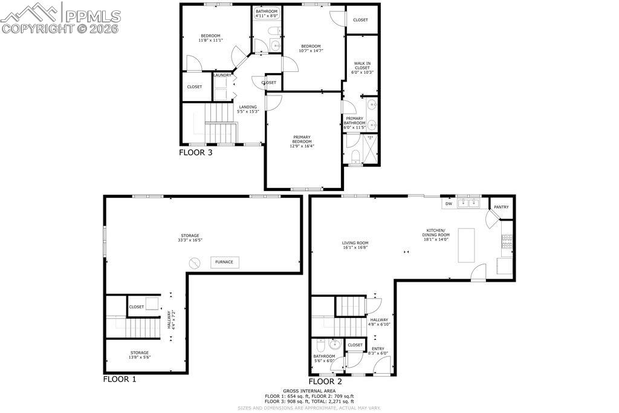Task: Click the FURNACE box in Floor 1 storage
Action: (225, 262)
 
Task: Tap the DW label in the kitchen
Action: (449, 204)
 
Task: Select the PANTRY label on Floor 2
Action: (501, 207)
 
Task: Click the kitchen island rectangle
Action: (467, 245)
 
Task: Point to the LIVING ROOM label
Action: (355, 243)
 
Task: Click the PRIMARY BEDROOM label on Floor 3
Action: (302, 139)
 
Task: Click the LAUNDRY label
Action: (222, 75)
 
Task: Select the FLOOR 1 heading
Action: (120, 380)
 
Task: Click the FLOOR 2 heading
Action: (325, 382)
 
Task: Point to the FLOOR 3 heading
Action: (195, 152)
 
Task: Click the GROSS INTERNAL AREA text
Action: (309, 391)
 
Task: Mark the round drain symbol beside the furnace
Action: (195, 262)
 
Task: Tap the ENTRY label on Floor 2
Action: (377, 348)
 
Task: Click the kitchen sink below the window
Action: (467, 204)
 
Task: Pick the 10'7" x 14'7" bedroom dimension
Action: (311, 51)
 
